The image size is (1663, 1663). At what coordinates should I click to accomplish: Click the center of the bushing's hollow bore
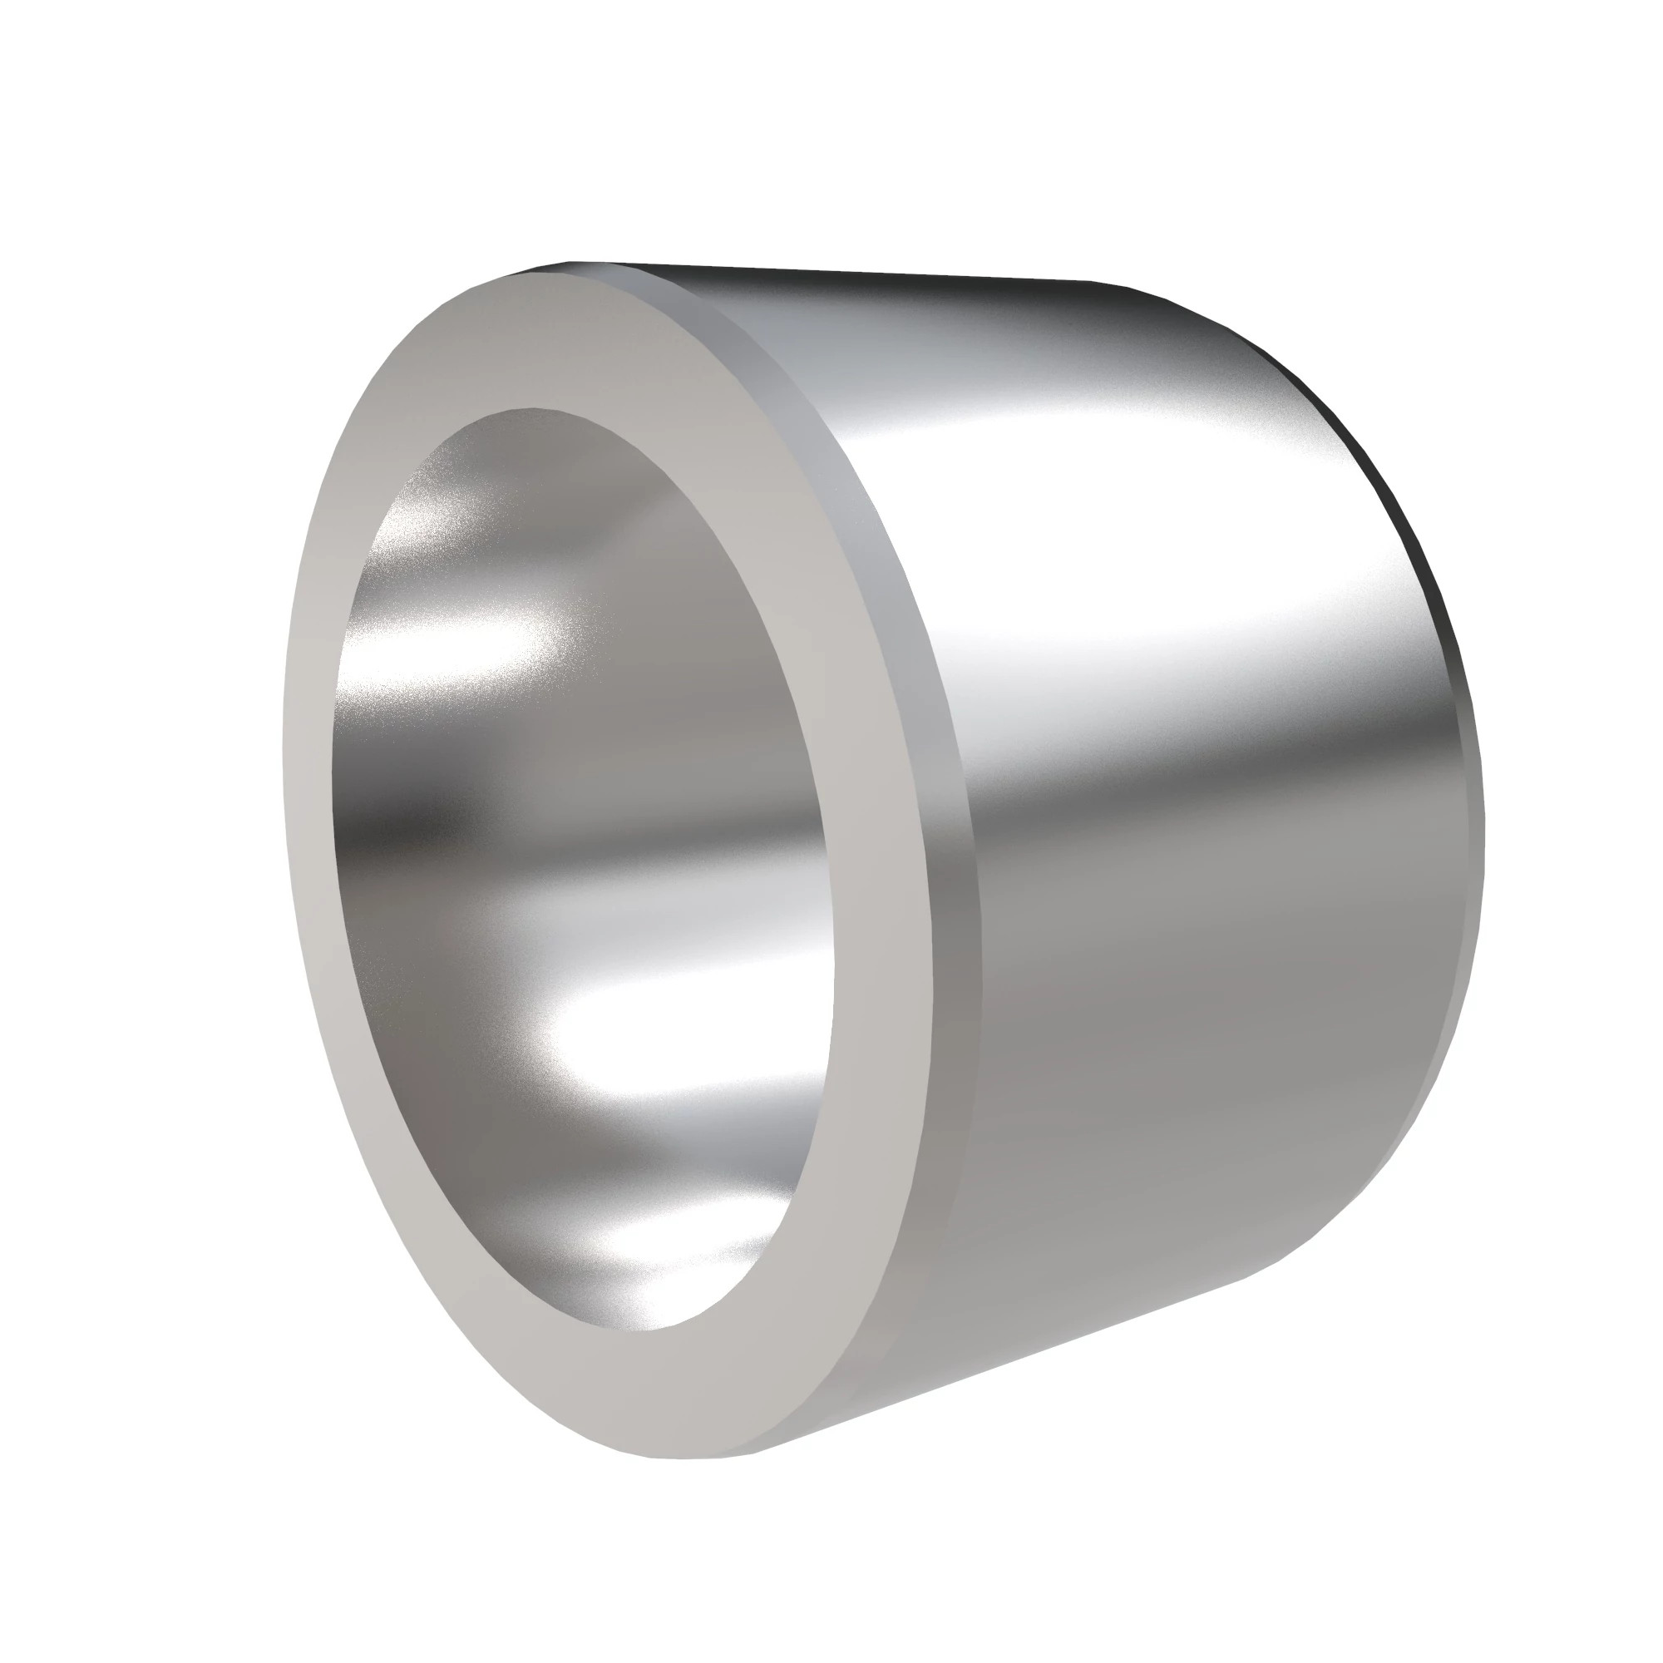point(585,870)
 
